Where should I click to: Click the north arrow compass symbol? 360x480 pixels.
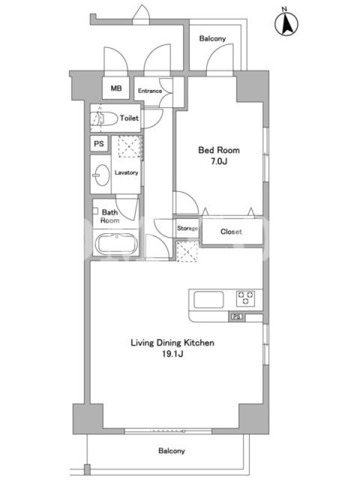[286, 24]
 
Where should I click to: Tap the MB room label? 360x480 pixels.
[116, 88]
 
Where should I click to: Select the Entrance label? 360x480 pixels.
[149, 91]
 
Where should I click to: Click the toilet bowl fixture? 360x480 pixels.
[104, 118]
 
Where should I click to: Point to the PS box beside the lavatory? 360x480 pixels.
[99, 143]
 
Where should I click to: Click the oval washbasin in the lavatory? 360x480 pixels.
[101, 175]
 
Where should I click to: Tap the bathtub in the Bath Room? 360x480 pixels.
[116, 244]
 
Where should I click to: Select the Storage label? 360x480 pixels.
[187, 228]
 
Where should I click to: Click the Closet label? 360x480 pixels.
[231, 232]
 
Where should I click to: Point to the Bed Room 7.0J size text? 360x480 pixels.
[218, 161]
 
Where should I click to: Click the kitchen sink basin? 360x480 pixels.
[208, 299]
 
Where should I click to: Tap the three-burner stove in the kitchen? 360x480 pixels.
[245, 298]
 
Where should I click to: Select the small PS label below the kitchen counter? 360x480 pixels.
[236, 317]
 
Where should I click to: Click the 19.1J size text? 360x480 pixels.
[173, 354]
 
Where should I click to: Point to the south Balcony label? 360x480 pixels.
[172, 451]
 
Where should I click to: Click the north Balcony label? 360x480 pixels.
[212, 38]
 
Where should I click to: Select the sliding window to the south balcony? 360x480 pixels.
[168, 431]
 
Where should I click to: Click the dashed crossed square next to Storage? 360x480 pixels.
[187, 251]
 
